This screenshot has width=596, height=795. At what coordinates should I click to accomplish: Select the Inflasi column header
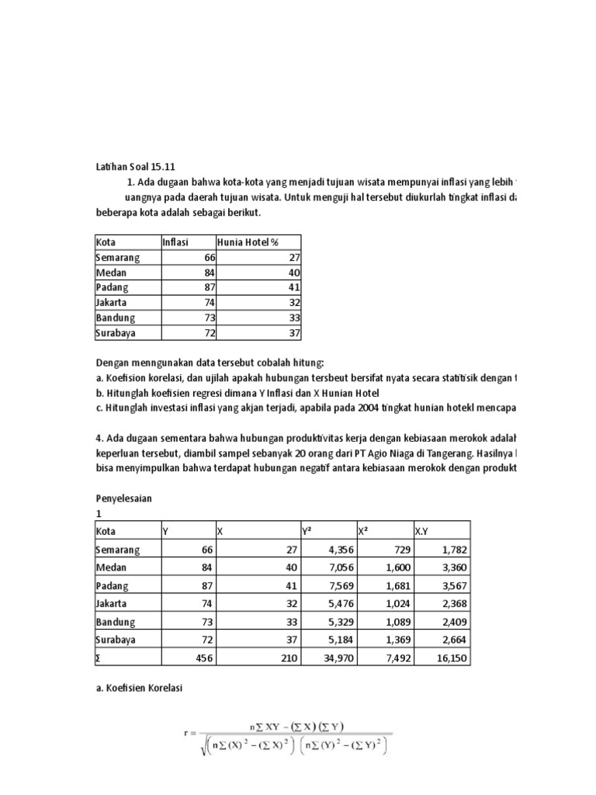tap(176, 242)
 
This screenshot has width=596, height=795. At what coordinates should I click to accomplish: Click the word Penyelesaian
tap(123, 498)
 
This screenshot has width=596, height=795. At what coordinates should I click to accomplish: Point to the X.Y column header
tap(421, 532)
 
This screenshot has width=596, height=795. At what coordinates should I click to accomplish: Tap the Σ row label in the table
tap(98, 658)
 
